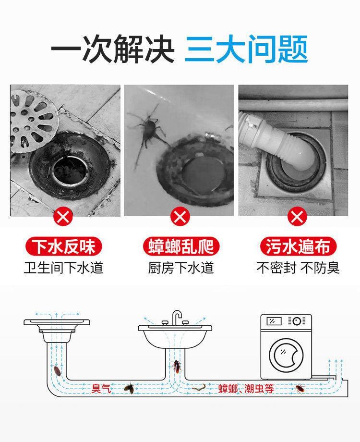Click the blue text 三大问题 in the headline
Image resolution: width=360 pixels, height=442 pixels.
(x=246, y=49)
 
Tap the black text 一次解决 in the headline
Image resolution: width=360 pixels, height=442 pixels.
(x=113, y=49)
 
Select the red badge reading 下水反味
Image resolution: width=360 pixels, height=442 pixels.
(x=63, y=246)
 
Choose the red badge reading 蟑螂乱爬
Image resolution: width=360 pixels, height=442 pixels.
(x=180, y=246)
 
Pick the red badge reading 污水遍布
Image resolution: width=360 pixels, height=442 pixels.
(x=298, y=246)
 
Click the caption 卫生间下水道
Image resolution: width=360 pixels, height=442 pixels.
(x=63, y=268)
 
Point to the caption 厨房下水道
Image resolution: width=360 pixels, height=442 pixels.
(x=181, y=268)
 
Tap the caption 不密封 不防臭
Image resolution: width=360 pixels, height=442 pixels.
(x=298, y=268)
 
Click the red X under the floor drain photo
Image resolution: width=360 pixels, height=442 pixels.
(x=63, y=217)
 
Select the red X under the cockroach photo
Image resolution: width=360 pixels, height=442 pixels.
(x=180, y=217)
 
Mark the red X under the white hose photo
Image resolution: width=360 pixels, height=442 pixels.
(x=297, y=217)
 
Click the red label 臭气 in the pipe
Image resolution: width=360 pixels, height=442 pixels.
(x=101, y=389)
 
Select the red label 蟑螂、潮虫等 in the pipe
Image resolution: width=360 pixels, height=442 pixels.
(x=246, y=389)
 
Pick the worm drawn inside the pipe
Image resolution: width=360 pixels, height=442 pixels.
(x=199, y=387)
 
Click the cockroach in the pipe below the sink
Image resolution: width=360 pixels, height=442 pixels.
(x=177, y=367)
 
